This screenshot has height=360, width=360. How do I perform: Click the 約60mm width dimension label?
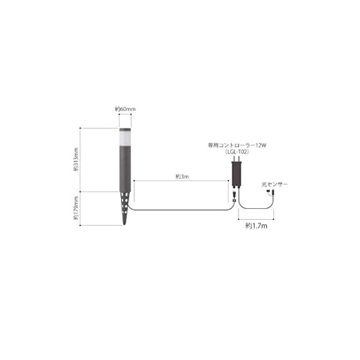click(125, 109)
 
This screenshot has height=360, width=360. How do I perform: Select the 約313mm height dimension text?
click(76, 159)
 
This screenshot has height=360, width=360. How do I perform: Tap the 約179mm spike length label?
click(76, 208)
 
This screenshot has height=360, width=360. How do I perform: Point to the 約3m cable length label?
click(182, 177)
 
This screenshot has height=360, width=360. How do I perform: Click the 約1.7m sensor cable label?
click(256, 226)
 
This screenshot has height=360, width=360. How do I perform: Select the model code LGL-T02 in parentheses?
click(237, 152)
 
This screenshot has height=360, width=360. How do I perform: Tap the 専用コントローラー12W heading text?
click(237, 145)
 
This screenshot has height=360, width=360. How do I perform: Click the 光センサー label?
click(274, 184)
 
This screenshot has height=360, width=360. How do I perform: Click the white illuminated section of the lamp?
click(125, 138)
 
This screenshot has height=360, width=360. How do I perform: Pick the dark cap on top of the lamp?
click(125, 129)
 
